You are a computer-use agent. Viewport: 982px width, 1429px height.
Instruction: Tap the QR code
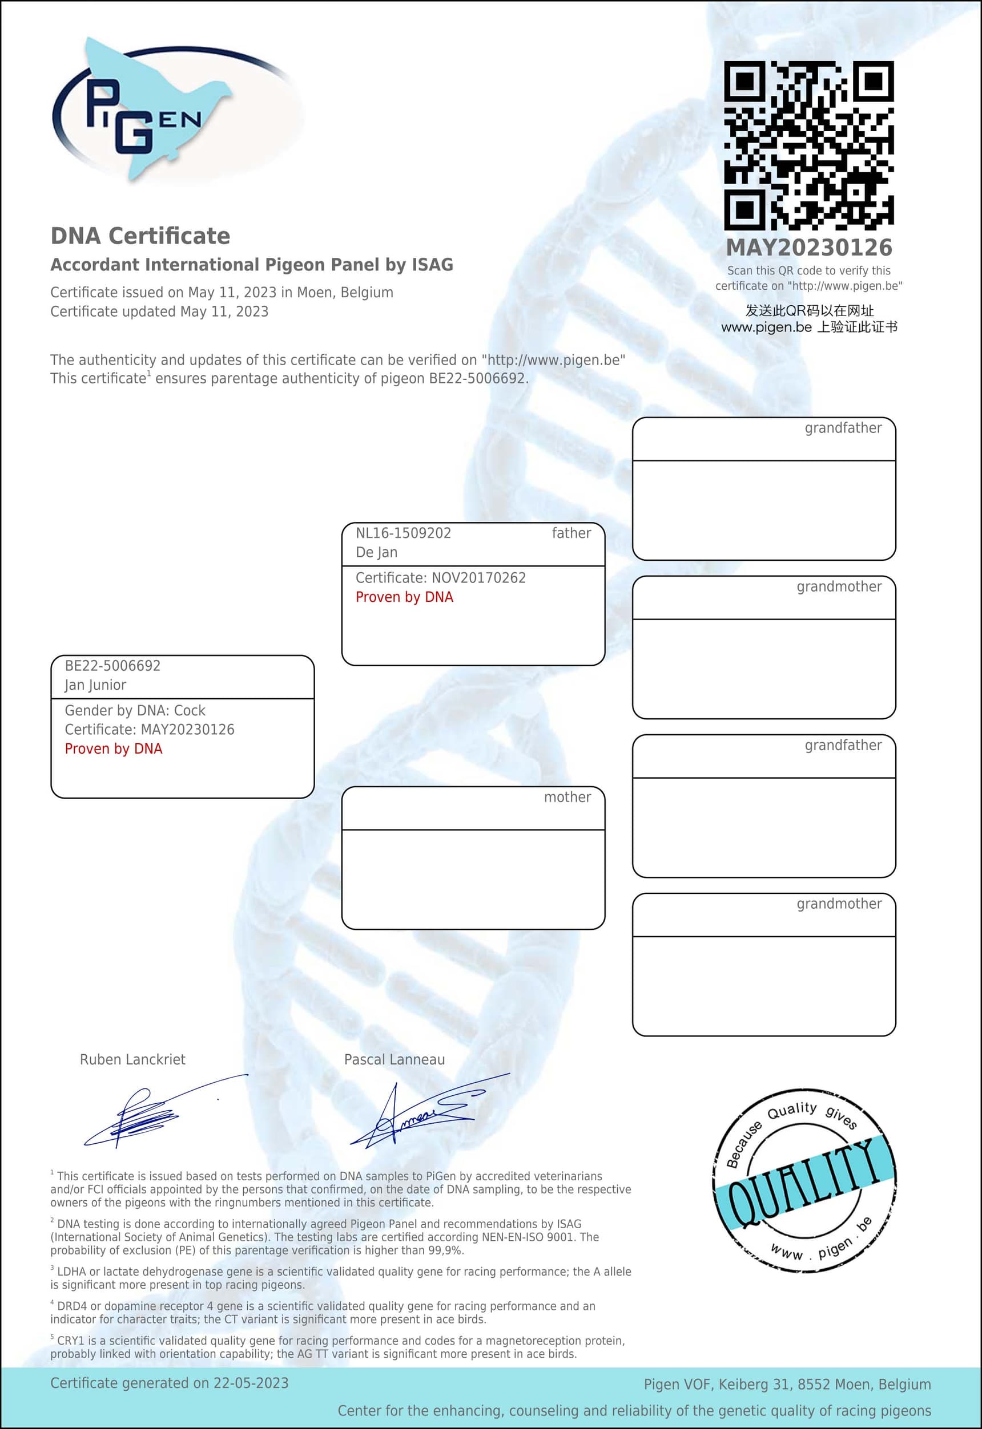808,145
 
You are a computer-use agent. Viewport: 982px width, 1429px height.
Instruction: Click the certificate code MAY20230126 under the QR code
808,248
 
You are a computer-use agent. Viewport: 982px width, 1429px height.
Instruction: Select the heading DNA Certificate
140,236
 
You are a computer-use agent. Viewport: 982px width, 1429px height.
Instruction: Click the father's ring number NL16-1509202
403,533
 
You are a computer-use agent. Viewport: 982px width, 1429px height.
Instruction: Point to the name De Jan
377,552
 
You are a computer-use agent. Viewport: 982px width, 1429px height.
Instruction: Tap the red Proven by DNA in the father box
404,597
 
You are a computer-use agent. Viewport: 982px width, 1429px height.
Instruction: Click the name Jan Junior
95,685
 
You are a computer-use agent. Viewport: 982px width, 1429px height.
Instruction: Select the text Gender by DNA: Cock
135,710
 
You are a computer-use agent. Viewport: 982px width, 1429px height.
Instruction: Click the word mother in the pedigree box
567,797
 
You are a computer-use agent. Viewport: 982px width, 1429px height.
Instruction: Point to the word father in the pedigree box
571,533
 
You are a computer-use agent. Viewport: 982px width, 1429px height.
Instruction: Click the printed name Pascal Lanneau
394,1059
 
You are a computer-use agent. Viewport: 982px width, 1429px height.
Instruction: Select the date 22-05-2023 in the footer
251,1383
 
